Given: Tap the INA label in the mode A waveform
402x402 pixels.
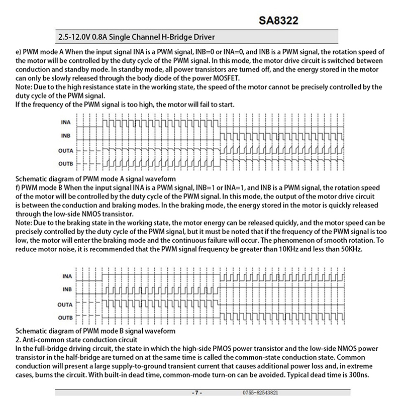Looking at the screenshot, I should pos(66,122).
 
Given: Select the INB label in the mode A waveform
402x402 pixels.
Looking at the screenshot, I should pos(66,135).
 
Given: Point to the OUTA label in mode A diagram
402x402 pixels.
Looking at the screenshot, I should pos(65,151).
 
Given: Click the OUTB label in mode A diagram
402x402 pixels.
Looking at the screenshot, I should pos(65,164).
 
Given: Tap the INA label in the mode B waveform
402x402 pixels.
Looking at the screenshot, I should pos(66,276).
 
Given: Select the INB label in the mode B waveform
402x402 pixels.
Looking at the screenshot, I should pos(66,289).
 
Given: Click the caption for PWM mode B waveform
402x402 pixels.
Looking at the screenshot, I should pos(95,331).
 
